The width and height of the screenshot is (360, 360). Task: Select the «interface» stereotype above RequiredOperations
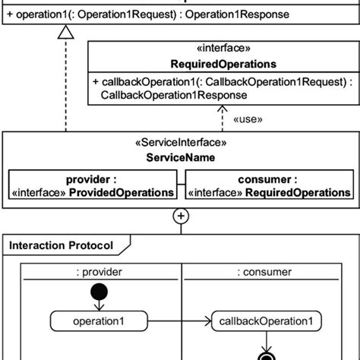click(x=223, y=49)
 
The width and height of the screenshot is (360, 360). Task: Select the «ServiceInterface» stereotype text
click(x=180, y=141)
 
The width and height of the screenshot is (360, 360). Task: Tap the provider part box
click(x=92, y=186)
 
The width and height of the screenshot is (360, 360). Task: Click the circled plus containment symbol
click(x=181, y=216)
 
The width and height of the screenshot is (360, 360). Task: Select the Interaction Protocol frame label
click(x=61, y=245)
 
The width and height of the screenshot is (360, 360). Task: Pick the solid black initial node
click(x=99, y=292)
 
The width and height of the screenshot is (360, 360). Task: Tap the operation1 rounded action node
click(x=98, y=321)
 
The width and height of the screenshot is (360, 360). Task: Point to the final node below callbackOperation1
click(x=266, y=354)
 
